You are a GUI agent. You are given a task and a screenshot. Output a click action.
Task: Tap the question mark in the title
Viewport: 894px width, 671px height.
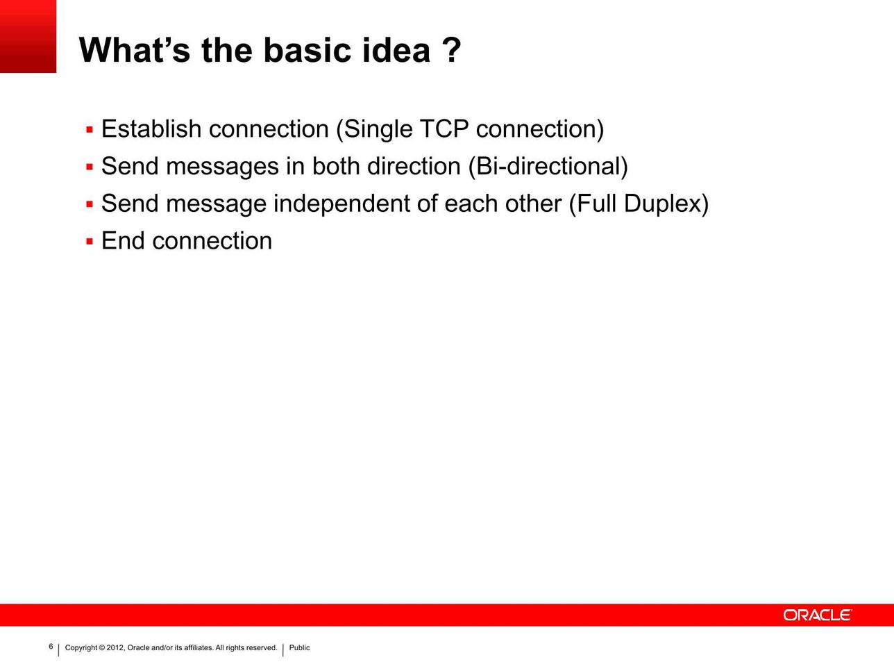451,50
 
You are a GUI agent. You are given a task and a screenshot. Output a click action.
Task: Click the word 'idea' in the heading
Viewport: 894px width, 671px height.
396,50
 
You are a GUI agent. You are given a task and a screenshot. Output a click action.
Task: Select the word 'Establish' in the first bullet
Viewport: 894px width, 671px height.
151,129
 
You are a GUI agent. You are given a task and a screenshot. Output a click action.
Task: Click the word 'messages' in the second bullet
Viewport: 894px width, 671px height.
222,167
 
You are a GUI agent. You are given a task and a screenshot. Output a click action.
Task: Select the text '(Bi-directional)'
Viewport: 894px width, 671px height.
548,167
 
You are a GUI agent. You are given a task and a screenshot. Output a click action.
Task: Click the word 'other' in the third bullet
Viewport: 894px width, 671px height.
533,204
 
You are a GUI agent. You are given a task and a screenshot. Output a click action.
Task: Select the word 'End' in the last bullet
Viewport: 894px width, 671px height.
123,240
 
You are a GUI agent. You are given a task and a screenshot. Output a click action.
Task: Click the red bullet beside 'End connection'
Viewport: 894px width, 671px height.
90,242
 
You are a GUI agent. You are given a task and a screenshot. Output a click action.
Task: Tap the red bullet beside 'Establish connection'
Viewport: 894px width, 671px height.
90,130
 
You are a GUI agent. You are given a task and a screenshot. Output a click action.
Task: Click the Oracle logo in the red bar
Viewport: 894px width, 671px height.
817,615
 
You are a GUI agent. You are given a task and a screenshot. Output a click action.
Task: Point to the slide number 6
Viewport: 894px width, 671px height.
51,646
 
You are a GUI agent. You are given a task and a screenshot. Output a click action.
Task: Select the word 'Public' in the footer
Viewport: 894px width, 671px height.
299,647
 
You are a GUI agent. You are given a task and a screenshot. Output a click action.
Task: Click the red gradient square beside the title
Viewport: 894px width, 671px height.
28,36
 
